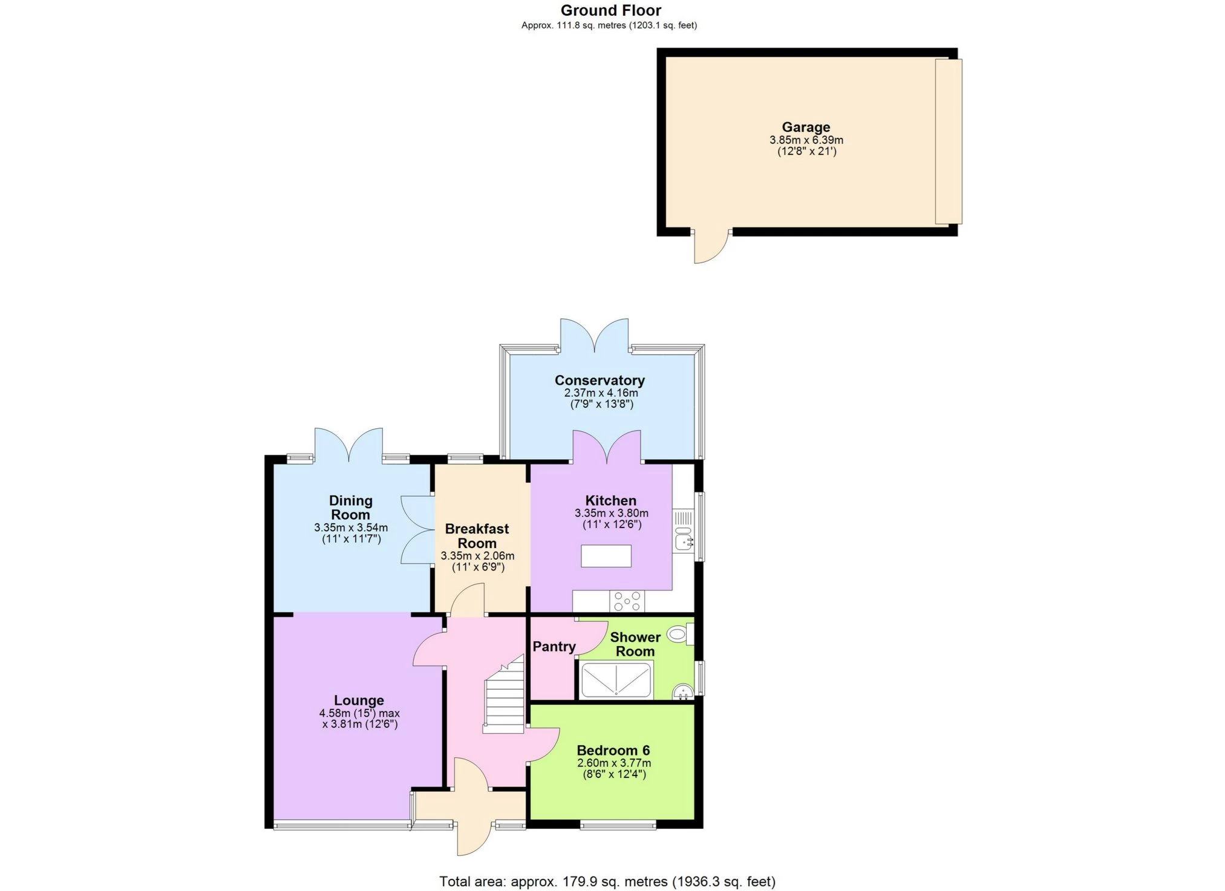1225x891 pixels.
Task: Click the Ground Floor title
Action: pos(611,10)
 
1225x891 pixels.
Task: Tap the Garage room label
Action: pos(806,127)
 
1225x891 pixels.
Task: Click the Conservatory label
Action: pos(599,380)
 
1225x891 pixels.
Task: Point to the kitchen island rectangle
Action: pos(606,556)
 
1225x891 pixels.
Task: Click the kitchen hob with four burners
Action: pos(627,601)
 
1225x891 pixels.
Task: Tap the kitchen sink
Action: pos(684,539)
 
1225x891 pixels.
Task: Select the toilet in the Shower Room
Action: pos(680,635)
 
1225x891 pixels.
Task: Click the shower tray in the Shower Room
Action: pos(616,680)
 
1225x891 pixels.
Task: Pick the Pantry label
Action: pos(554,647)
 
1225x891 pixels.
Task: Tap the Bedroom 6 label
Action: pos(613,751)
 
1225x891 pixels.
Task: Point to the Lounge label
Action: pos(359,700)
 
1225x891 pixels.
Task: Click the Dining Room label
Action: pos(350,508)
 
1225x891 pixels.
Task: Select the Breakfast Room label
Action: pos(477,536)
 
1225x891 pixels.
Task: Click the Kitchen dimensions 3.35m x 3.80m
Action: pos(612,514)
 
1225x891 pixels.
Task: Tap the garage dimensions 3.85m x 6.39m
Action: pos(806,140)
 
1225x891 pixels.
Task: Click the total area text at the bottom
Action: pos(607,881)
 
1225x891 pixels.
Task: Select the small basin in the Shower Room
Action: pos(683,692)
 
